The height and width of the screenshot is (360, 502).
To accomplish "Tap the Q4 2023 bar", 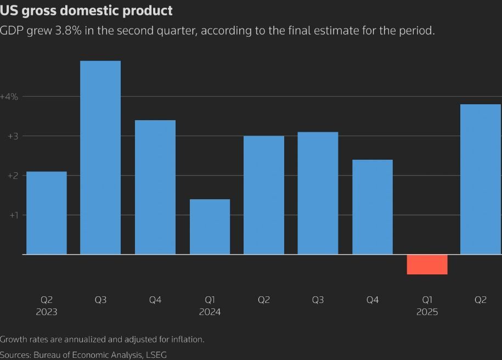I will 155,187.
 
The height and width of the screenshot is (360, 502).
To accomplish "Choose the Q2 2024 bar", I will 264,195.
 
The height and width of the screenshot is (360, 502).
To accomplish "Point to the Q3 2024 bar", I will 318,193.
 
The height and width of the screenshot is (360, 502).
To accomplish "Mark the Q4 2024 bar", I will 373,207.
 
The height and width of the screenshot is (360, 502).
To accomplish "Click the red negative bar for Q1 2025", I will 427,265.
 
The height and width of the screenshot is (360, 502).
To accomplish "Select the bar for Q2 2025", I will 481,179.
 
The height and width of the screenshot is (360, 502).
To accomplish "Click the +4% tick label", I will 9,97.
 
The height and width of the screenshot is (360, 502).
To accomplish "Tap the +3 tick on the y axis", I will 13,136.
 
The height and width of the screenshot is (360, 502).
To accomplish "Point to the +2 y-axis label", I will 13,176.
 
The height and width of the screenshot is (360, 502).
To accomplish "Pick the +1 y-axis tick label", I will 13,215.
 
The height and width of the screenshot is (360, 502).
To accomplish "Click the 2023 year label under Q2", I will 47,312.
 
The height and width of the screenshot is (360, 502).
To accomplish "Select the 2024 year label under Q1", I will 210,312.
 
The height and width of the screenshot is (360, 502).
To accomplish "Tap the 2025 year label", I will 427,312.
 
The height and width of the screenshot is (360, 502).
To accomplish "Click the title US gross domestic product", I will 86,10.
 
